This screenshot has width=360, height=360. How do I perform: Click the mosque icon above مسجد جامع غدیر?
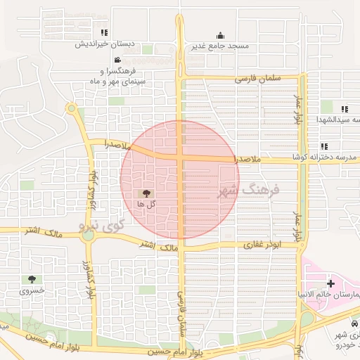point(220,36)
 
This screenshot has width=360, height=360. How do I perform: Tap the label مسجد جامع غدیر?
point(220,46)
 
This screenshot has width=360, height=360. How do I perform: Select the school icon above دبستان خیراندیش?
point(105,33)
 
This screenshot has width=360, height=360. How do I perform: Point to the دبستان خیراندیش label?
point(105,44)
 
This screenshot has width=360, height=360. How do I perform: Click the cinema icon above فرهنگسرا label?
point(117,60)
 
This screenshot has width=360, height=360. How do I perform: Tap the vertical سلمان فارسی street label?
point(180,309)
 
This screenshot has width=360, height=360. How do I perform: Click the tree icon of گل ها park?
point(146,193)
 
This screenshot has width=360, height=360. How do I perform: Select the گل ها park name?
point(146,204)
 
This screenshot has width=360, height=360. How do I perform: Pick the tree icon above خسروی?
point(32,279)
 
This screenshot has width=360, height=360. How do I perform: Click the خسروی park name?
point(32,290)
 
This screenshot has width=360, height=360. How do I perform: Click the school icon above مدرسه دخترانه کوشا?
point(324,146)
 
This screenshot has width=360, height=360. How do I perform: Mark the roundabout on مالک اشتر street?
point(88,235)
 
